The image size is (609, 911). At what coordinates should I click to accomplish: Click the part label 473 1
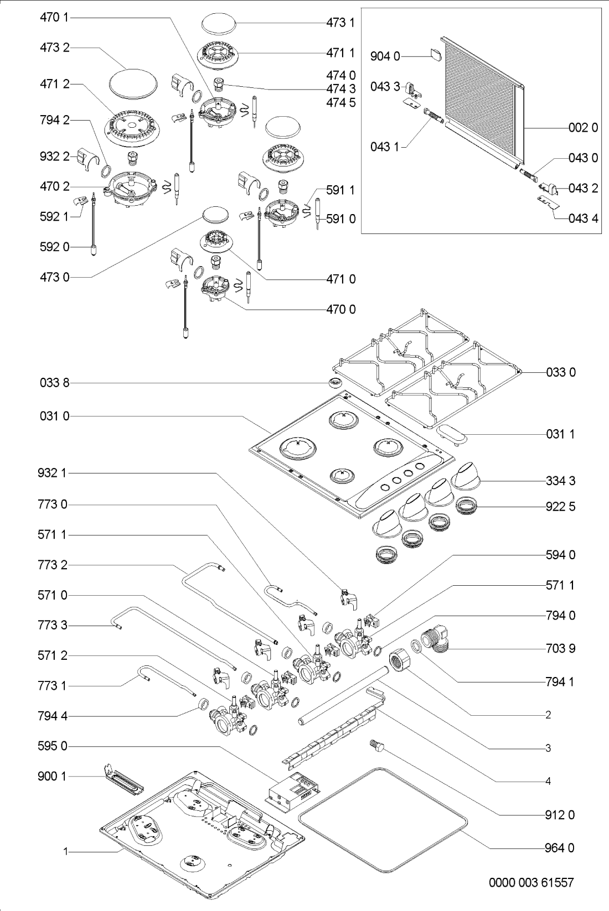click(340, 23)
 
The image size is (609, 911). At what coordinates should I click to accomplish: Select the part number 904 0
click(385, 56)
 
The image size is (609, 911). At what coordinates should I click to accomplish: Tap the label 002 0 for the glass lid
click(583, 128)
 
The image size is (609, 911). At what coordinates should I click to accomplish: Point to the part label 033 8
click(54, 383)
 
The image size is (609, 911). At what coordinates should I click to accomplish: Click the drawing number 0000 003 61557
click(531, 882)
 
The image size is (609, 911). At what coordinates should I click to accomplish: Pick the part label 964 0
click(560, 848)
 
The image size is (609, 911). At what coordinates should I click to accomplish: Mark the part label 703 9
click(560, 648)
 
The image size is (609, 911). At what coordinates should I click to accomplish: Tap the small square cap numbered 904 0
click(436, 54)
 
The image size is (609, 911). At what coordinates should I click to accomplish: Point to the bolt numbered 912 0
click(376, 746)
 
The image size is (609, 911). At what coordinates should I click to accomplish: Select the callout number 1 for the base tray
click(66, 852)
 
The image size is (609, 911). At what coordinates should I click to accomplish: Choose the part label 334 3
click(560, 481)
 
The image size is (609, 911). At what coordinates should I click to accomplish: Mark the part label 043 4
click(583, 218)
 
